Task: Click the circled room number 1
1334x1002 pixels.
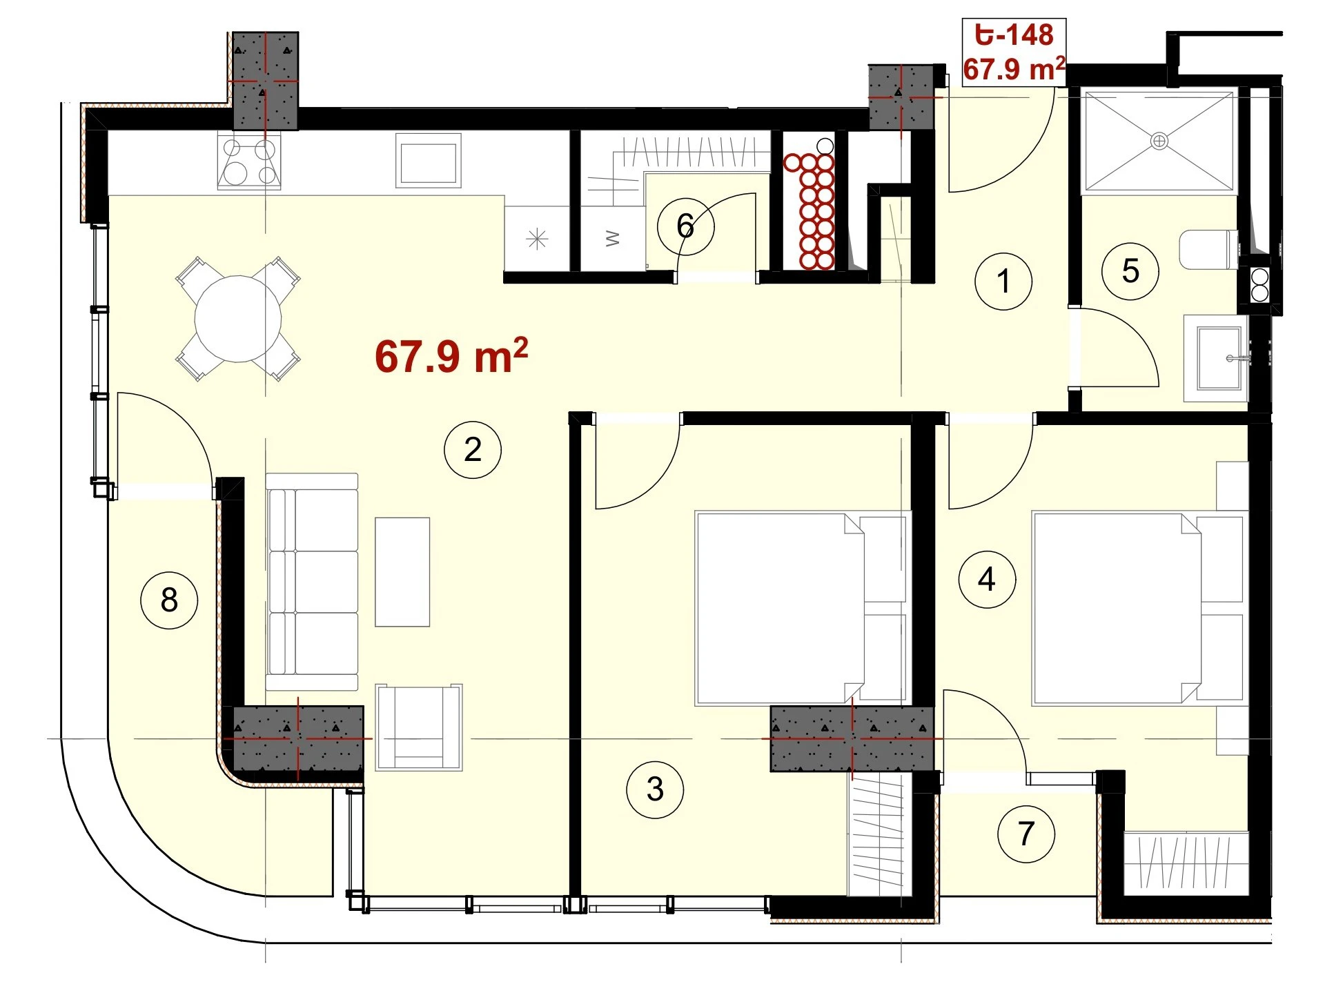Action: pos(1003,281)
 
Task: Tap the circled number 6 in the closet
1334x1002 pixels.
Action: pos(685,226)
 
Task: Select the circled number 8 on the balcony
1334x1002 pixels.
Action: pos(169,600)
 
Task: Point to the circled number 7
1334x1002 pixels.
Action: pos(1026,834)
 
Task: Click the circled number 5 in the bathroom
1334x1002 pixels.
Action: pos(1130,271)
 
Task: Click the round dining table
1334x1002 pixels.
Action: pos(238,319)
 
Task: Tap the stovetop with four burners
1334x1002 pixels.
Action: pos(249,161)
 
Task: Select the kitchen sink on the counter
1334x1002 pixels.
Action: pos(428,161)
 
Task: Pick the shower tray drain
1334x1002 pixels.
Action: pos(1159,141)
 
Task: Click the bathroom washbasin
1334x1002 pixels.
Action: pos(1216,358)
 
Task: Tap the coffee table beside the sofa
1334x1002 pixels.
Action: pos(402,572)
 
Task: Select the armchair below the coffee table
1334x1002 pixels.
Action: pos(419,727)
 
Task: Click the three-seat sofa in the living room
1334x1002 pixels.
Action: pos(312,582)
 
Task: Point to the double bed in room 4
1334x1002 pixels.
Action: pos(1139,608)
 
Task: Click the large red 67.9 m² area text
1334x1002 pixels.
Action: pos(451,356)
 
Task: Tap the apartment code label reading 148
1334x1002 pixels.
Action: pos(1014,35)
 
